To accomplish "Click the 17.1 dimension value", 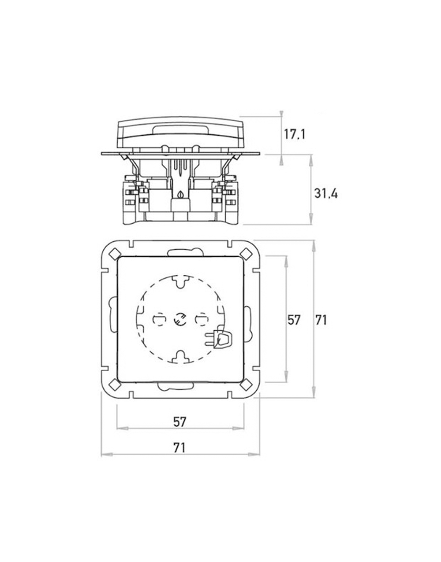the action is [295, 134].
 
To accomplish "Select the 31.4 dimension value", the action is [326, 193].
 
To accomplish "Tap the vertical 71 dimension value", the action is [321, 320].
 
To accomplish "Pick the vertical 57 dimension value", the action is [294, 320].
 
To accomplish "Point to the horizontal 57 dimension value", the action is [180, 422].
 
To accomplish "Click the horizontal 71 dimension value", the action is [179, 447].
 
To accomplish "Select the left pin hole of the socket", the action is [158, 320].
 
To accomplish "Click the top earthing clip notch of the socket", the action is [180, 281].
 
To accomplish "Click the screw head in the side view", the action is [181, 194].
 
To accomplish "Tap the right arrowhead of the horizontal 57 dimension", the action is [238, 429].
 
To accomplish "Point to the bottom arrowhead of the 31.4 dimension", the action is [311, 219].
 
